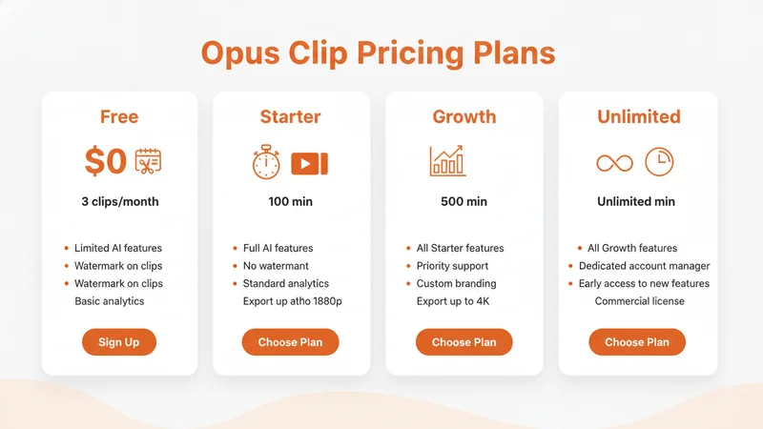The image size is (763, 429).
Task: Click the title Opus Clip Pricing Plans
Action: click(x=378, y=52)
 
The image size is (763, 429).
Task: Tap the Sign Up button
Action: click(x=118, y=342)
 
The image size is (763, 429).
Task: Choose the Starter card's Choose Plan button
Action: click(x=290, y=342)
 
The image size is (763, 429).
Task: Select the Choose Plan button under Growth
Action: click(x=464, y=342)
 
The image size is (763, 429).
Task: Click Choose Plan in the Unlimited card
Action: click(x=637, y=342)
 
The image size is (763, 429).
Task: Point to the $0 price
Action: click(x=105, y=162)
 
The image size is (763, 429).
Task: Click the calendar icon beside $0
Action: click(x=148, y=162)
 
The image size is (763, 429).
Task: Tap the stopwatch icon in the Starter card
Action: click(x=266, y=162)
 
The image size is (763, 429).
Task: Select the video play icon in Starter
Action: click(x=309, y=163)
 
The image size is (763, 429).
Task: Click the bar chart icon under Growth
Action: click(x=447, y=161)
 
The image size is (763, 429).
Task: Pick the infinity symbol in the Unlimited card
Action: click(x=614, y=163)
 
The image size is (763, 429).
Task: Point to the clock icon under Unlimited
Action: click(x=659, y=162)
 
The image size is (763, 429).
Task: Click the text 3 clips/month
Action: click(x=119, y=202)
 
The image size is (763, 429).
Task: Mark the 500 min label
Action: click(x=464, y=202)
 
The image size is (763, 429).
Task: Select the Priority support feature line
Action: click(x=452, y=266)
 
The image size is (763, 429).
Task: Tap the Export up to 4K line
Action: click(x=453, y=301)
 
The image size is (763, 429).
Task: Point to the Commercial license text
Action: click(x=639, y=301)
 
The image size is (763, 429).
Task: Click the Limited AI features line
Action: click(x=118, y=248)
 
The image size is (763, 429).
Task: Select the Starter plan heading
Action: click(x=290, y=117)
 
